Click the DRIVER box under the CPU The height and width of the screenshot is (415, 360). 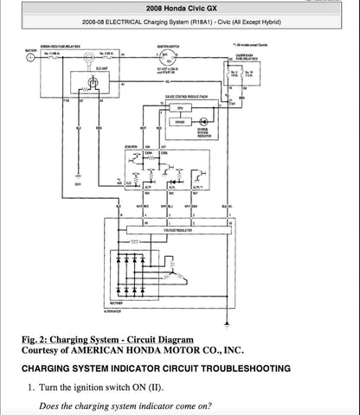coord(179,123)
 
